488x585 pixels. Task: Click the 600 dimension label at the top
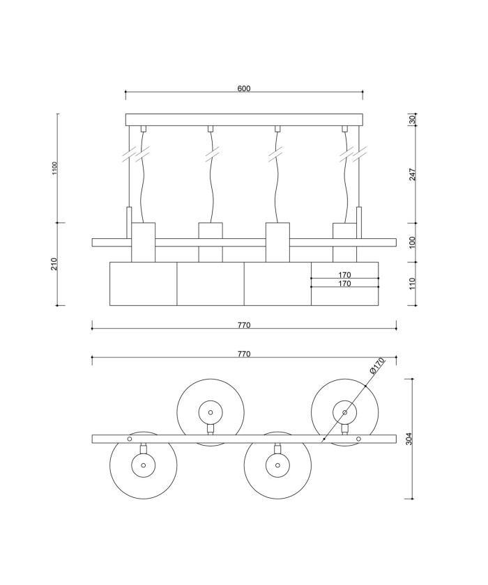click(x=244, y=88)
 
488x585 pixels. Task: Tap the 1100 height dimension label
click(x=55, y=169)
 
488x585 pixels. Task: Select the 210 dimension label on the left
click(x=54, y=264)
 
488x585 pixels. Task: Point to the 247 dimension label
click(x=412, y=174)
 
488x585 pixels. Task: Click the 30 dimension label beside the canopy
click(x=412, y=120)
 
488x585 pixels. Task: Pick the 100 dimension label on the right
click(x=412, y=242)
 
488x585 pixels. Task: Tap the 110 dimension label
click(x=412, y=283)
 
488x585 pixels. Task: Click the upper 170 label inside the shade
click(x=344, y=275)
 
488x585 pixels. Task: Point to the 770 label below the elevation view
click(x=244, y=325)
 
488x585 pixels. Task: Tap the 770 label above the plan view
click(x=244, y=354)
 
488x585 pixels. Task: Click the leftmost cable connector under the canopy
click(x=143, y=129)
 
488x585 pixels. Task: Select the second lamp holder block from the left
click(x=211, y=242)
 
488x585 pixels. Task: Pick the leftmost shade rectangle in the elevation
click(x=144, y=284)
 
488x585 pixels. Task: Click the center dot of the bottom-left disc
click(x=144, y=465)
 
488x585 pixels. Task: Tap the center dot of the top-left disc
click(x=211, y=412)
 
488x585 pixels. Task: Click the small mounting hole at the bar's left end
click(x=130, y=439)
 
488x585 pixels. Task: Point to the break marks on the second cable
click(x=211, y=155)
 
